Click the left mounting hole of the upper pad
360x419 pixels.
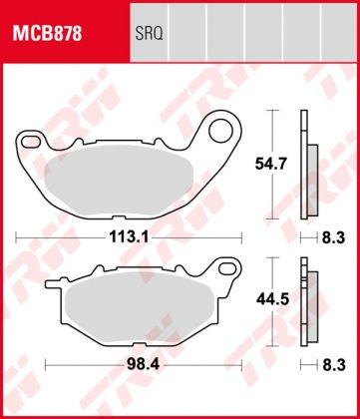[31, 140]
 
